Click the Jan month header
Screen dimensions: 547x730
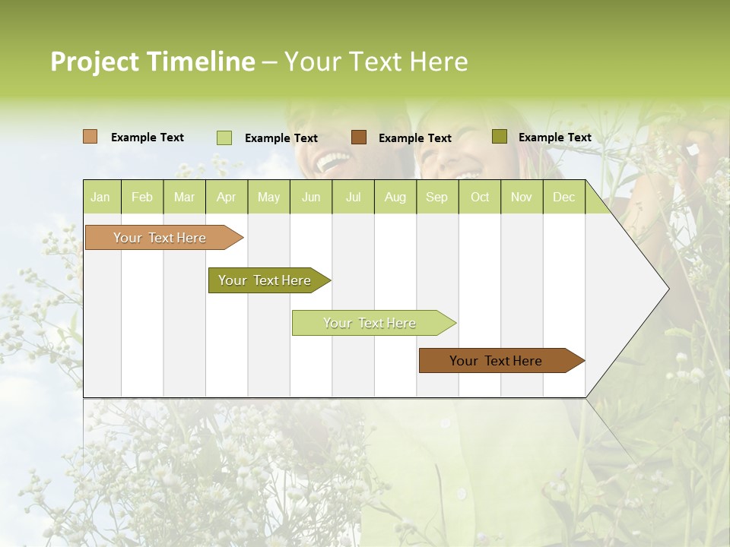point(100,198)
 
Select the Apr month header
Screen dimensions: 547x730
point(226,198)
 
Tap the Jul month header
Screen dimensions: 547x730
point(353,198)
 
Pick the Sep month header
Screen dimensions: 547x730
point(436,198)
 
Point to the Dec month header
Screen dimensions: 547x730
point(563,198)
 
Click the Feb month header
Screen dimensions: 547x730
point(142,198)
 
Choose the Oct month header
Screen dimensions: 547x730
point(480,198)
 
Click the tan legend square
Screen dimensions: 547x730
point(90,137)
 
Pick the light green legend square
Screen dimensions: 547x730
point(224,138)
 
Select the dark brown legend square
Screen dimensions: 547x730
point(359,137)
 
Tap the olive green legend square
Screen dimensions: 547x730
point(499,137)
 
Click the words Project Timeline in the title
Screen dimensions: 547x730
point(152,62)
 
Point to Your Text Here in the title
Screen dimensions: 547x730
point(376,62)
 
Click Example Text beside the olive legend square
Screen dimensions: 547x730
point(554,138)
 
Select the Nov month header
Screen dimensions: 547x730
point(522,198)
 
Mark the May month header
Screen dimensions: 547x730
point(268,198)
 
